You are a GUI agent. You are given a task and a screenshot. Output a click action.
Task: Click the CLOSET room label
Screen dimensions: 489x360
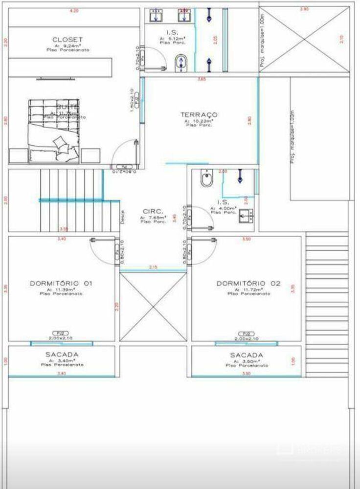pos(68,40)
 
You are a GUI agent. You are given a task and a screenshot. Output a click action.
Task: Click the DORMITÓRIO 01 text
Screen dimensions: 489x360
pos(61,284)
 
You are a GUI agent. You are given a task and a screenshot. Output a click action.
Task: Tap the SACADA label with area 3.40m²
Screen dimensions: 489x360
pos(62,355)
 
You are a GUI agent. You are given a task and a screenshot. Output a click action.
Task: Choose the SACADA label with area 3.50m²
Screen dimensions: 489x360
pos(247,355)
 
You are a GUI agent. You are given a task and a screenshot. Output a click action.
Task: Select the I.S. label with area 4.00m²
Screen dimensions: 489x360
pos(223,202)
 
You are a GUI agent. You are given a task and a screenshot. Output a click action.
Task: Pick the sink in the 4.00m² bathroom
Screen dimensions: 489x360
pos(246,215)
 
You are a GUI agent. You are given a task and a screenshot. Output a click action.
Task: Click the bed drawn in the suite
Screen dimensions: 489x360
pos(54,130)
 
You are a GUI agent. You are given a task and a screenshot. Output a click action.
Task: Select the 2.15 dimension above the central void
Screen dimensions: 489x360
pos(153,267)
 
